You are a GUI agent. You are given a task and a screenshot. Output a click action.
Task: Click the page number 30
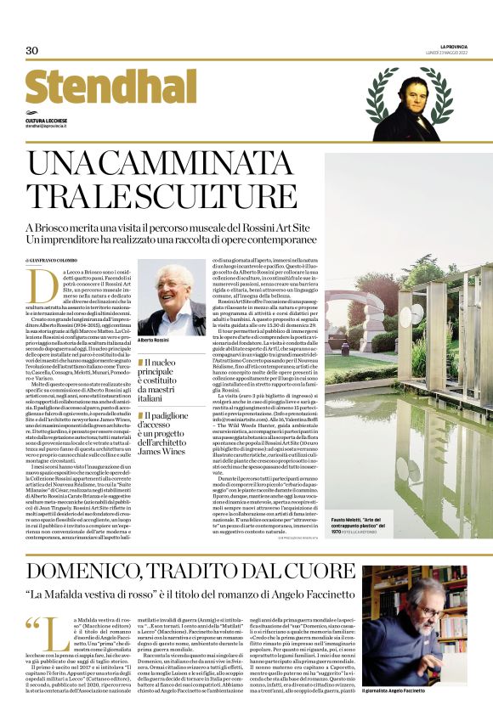[32, 51]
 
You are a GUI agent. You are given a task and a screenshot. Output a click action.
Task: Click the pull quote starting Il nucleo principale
[171, 375]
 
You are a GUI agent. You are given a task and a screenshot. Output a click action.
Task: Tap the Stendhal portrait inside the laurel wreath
[407, 102]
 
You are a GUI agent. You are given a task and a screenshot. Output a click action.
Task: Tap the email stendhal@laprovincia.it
[49, 127]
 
